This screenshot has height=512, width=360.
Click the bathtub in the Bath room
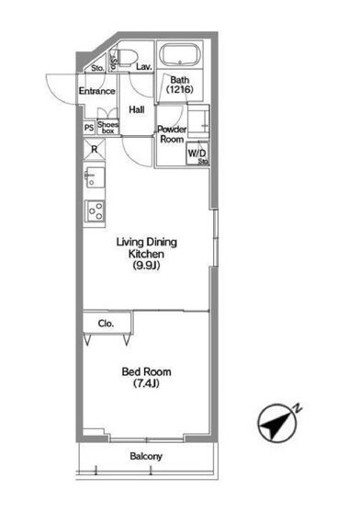click(180, 55)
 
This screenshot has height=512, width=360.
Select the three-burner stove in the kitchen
click(95, 210)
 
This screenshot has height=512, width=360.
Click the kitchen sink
click(95, 177)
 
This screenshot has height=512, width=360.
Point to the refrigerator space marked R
click(95, 150)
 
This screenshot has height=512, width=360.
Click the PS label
click(89, 128)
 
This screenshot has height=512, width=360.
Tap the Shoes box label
click(108, 127)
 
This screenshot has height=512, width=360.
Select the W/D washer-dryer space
click(197, 154)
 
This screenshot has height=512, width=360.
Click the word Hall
click(137, 109)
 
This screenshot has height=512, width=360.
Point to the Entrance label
click(96, 91)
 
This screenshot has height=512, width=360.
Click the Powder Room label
click(172, 134)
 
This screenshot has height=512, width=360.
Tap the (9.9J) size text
click(146, 266)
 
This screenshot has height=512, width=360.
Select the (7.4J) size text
click(146, 383)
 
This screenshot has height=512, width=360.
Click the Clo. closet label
click(106, 324)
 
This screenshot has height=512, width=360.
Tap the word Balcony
click(146, 456)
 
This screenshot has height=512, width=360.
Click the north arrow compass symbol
click(277, 423)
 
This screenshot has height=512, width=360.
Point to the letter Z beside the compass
click(298, 408)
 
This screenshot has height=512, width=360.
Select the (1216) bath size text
click(180, 89)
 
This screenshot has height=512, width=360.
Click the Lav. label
click(144, 67)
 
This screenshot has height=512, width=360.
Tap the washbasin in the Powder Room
click(198, 121)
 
